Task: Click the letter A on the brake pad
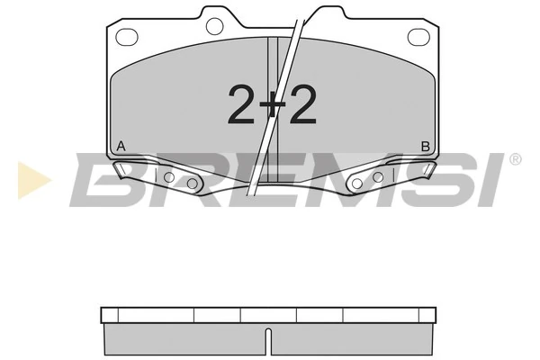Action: tap(121, 146)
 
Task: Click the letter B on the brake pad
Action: tap(426, 147)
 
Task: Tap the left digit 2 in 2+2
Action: tap(242, 104)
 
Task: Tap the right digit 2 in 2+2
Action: tap(303, 104)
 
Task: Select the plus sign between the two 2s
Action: tap(272, 104)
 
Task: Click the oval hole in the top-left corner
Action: tap(127, 37)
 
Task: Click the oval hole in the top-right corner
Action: tap(418, 37)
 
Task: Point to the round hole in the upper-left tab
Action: tap(214, 26)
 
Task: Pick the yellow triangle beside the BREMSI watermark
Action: tap(33, 180)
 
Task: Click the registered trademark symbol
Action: tap(515, 159)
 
